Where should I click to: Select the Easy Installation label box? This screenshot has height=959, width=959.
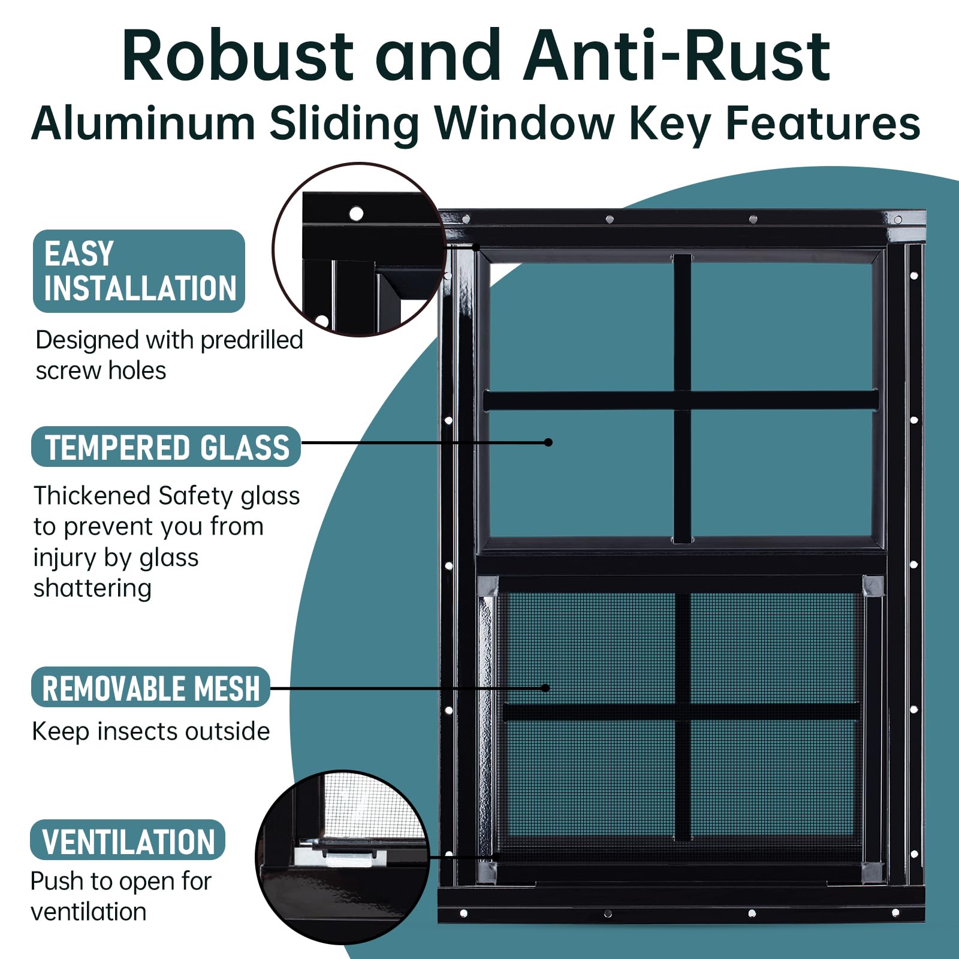pos(139,271)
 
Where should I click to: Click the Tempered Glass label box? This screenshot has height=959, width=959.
pos(166,447)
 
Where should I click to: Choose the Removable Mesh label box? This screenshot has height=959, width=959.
pos(150,687)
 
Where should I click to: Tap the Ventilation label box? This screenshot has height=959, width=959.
pos(128,840)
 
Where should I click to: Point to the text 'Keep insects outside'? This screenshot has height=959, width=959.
pos(150,731)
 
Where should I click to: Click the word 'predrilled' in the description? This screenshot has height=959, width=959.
pos(252,340)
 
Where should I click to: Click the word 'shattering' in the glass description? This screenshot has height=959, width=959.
pos(92,588)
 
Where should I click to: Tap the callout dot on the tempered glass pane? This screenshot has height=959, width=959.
pos(548,442)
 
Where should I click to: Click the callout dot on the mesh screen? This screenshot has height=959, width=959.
pos(545,687)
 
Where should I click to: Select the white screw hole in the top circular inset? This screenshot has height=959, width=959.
pos(356,213)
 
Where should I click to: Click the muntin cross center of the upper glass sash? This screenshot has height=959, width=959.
pos(682,400)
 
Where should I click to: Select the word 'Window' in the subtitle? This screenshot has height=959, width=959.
pos(525,123)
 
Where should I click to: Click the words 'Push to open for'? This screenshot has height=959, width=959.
pos(120,882)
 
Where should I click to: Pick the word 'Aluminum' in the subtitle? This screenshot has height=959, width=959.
pos(143,123)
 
